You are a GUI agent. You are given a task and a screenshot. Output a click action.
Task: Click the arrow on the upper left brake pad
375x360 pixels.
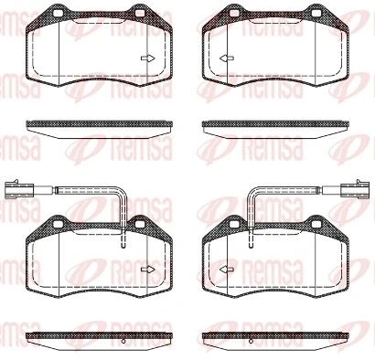(148, 58)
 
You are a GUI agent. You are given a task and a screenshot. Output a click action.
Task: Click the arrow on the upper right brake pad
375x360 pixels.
(227, 58)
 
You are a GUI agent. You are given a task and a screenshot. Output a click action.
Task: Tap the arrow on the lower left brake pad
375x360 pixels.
(148, 270)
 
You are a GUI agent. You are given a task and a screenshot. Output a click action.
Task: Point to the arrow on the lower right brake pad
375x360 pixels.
(227, 270)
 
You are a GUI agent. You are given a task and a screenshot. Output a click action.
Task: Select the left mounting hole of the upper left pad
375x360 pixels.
(58, 13)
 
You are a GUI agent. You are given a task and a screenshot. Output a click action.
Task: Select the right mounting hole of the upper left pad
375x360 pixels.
(140, 13)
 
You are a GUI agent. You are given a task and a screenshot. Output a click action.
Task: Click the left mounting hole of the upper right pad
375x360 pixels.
(234, 13)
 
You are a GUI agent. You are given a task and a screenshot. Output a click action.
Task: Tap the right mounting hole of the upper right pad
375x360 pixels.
(316, 13)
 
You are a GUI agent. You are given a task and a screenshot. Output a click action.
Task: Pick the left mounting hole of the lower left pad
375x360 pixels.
(58, 224)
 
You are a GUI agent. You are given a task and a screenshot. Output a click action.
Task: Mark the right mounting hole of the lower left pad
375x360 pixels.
(140, 224)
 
